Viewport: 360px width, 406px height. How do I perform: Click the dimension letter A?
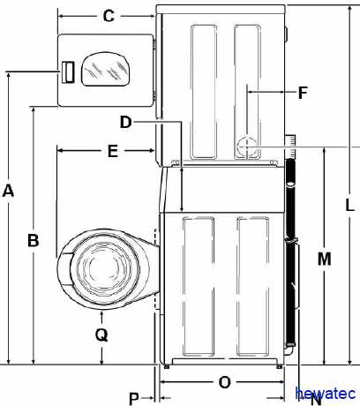click(8, 191)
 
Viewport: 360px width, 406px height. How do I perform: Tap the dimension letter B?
click(34, 240)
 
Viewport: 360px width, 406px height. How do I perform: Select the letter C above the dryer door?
click(109, 16)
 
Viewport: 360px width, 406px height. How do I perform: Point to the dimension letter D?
click(125, 122)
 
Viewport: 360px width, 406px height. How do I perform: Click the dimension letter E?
click(113, 151)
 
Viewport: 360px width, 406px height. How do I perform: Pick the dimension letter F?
click(303, 93)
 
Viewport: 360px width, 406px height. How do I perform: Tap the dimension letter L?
click(349, 205)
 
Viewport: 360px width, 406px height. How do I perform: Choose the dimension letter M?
click(325, 259)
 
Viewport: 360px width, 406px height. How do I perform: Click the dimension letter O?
click(225, 382)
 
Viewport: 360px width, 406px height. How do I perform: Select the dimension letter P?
click(134, 399)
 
